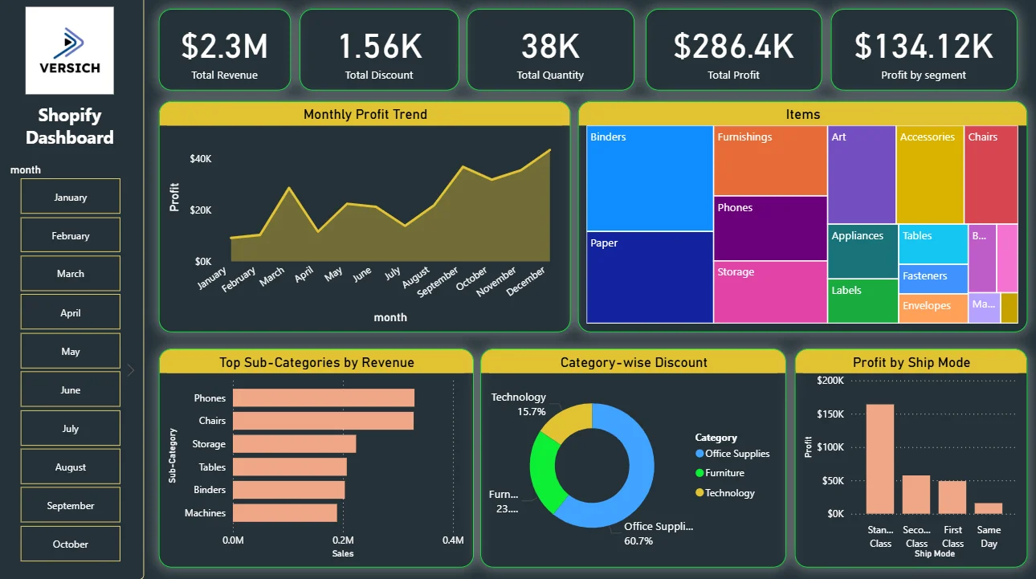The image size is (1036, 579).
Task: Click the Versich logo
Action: pyautogui.click(x=69, y=51)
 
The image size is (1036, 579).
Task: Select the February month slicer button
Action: pyautogui.click(x=71, y=235)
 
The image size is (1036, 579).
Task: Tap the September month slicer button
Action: pyautogui.click(x=71, y=505)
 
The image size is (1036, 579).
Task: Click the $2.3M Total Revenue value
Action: pyautogui.click(x=224, y=47)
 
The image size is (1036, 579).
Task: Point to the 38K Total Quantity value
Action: pyautogui.click(x=550, y=47)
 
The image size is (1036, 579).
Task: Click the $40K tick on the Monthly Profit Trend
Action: pyautogui.click(x=200, y=159)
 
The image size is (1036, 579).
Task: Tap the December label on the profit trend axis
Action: pyautogui.click(x=525, y=281)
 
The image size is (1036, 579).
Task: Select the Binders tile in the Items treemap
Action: pyautogui.click(x=650, y=178)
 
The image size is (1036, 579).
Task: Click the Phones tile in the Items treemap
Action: pyautogui.click(x=770, y=228)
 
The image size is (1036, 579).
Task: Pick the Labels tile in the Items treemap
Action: pyautogui.click(x=863, y=300)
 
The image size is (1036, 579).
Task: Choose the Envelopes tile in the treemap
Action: pyautogui.click(x=933, y=308)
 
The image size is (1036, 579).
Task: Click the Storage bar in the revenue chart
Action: pyautogui.click(x=295, y=443)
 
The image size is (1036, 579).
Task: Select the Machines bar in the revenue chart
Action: pyautogui.click(x=285, y=513)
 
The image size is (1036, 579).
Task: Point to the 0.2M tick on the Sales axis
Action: pyautogui.click(x=343, y=540)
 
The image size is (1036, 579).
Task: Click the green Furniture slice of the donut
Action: pyautogui.click(x=547, y=471)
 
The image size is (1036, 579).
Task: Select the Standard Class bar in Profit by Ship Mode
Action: pyautogui.click(x=879, y=459)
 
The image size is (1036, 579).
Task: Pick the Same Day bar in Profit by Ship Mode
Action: pyautogui.click(x=989, y=508)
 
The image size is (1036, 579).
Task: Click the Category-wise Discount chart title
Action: pyautogui.click(x=634, y=362)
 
